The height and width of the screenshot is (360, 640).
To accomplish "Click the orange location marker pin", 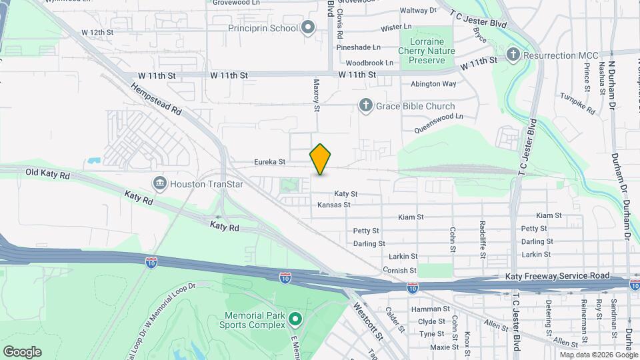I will coord(321,159).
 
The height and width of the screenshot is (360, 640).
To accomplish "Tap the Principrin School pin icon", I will coord(308,27).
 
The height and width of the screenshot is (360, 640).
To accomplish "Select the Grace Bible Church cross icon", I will coord(365,105).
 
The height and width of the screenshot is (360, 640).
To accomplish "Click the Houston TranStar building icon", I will coord(159,182).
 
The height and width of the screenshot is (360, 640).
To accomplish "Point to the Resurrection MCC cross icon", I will coord(513,55).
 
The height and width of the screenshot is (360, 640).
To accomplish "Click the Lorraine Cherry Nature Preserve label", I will coord(427,51).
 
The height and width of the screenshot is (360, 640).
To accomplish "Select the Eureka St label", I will coord(270,162).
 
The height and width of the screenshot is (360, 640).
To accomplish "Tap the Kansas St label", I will coord(334,205).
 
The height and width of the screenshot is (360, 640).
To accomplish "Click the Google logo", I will coord(22,352).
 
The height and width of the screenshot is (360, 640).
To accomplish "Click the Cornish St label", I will coord(399,271).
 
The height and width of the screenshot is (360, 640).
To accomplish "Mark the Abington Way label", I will coord(433,84).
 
